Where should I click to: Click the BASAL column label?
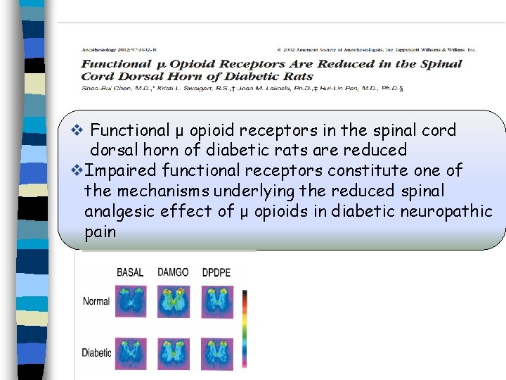click(130, 272)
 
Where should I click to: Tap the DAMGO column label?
click(173, 272)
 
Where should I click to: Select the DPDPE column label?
click(216, 272)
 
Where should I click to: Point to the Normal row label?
click(96, 301)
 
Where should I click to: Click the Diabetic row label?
click(97, 353)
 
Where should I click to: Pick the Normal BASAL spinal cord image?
click(131, 301)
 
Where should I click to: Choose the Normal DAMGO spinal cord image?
click(173, 301)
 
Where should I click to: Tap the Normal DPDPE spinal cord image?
click(216, 301)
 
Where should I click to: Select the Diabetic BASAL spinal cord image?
click(131, 353)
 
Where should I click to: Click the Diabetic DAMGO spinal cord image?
click(173, 353)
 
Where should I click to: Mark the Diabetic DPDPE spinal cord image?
click(216, 353)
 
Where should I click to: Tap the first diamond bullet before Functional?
click(78, 130)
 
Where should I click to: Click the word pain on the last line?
click(100, 232)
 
